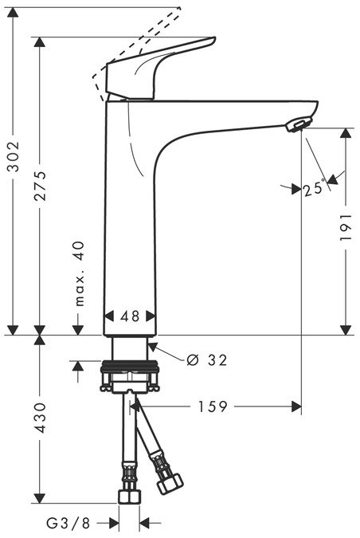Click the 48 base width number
(x=131, y=316)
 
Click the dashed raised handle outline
(x=135, y=44)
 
